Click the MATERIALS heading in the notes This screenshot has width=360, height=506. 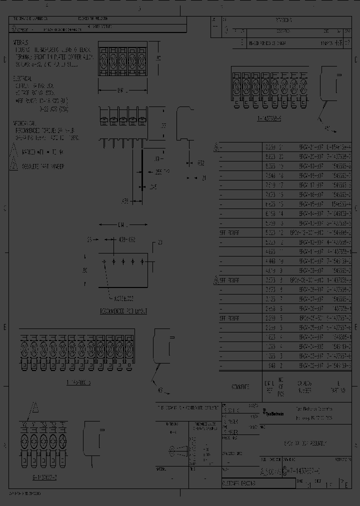21,43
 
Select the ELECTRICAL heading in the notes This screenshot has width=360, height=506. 22,79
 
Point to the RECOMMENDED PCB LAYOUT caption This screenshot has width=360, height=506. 120,310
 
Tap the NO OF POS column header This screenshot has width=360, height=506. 281,387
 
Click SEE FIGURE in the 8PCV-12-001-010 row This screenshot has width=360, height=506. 230,232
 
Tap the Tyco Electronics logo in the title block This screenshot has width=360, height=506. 273,411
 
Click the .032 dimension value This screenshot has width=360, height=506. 199,162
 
